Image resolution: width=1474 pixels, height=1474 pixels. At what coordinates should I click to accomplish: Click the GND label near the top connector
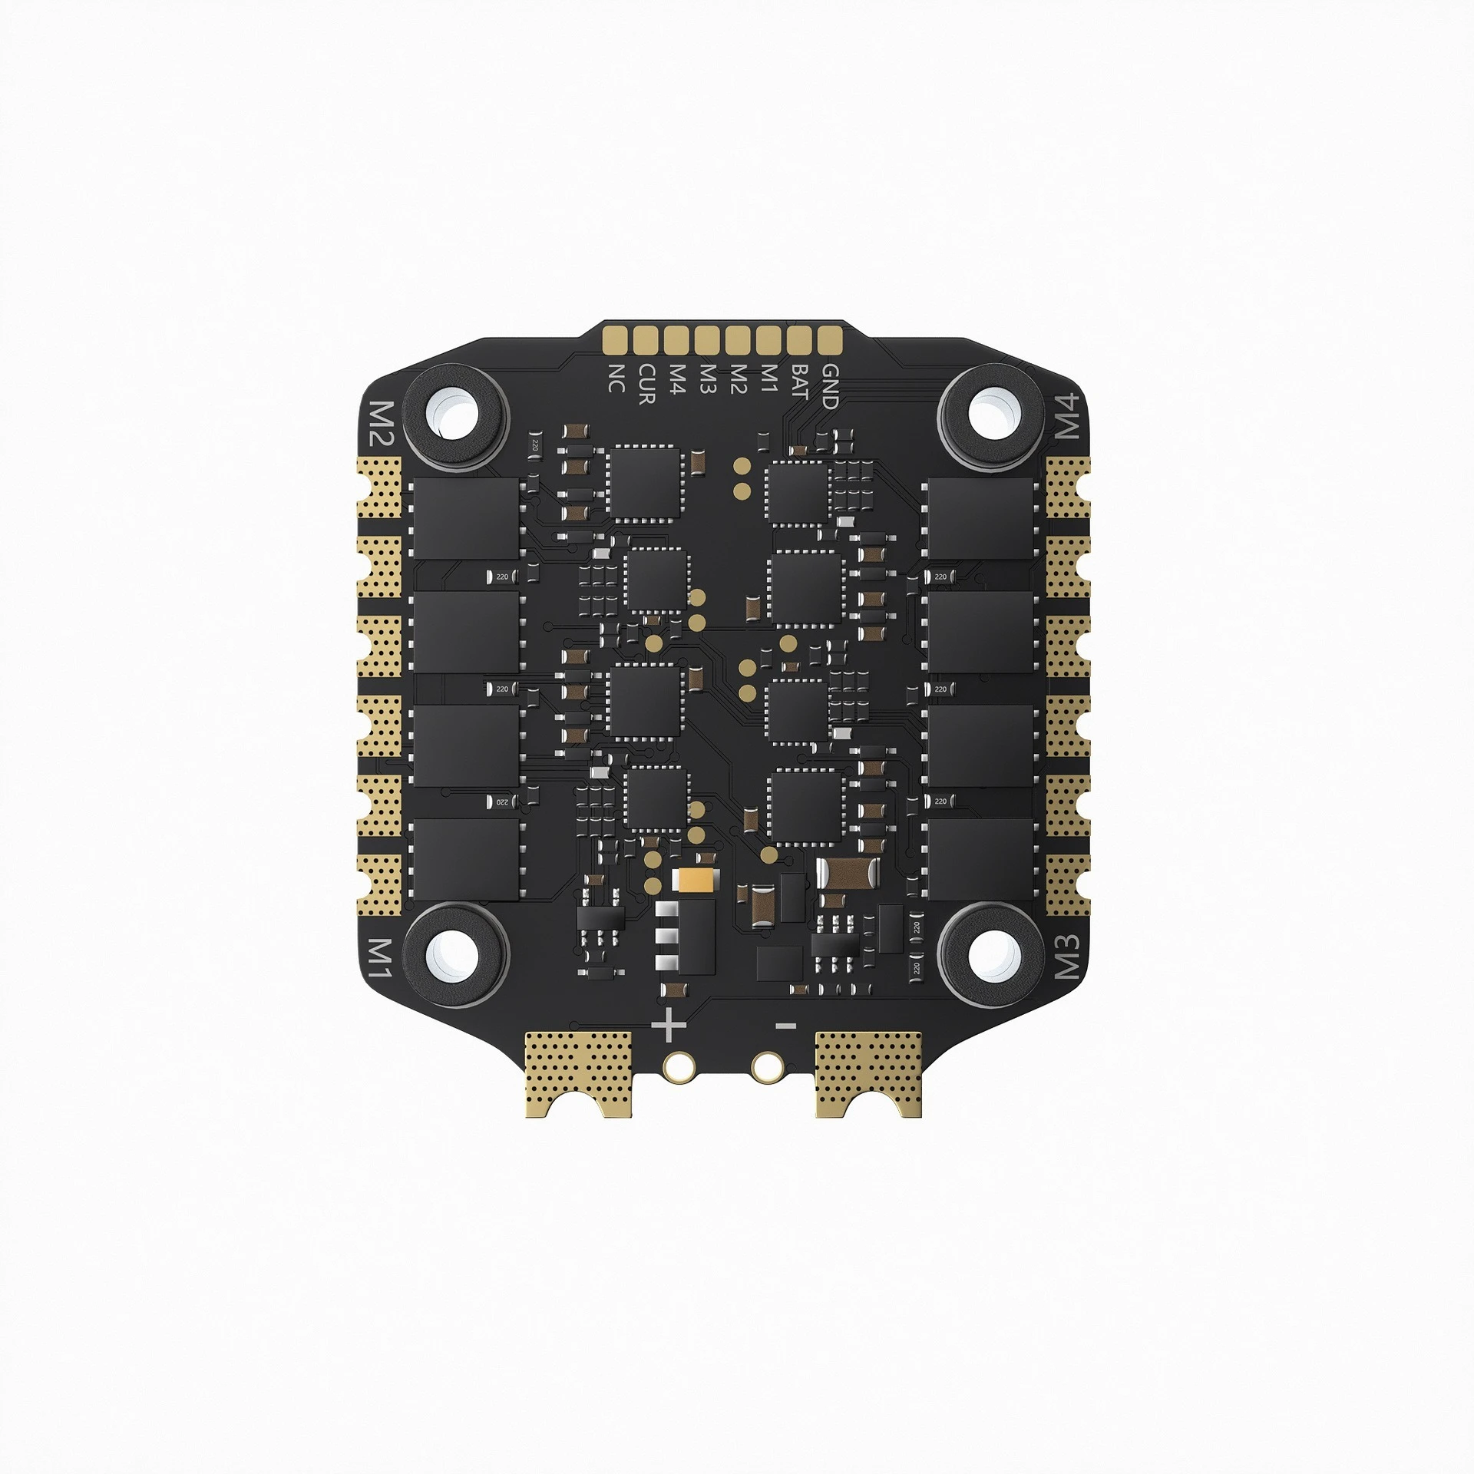830,385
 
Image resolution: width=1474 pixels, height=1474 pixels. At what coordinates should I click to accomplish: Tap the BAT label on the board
798,382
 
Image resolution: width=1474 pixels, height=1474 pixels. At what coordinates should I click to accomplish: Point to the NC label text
615,377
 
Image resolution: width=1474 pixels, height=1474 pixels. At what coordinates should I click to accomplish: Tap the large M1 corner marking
382,957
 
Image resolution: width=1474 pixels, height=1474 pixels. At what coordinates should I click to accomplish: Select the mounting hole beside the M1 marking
456,957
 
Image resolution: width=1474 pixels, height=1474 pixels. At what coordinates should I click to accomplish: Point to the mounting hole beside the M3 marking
994,955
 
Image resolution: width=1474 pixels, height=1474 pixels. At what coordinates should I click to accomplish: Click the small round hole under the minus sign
765,1066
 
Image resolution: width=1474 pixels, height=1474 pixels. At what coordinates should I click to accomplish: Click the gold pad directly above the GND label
827,338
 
